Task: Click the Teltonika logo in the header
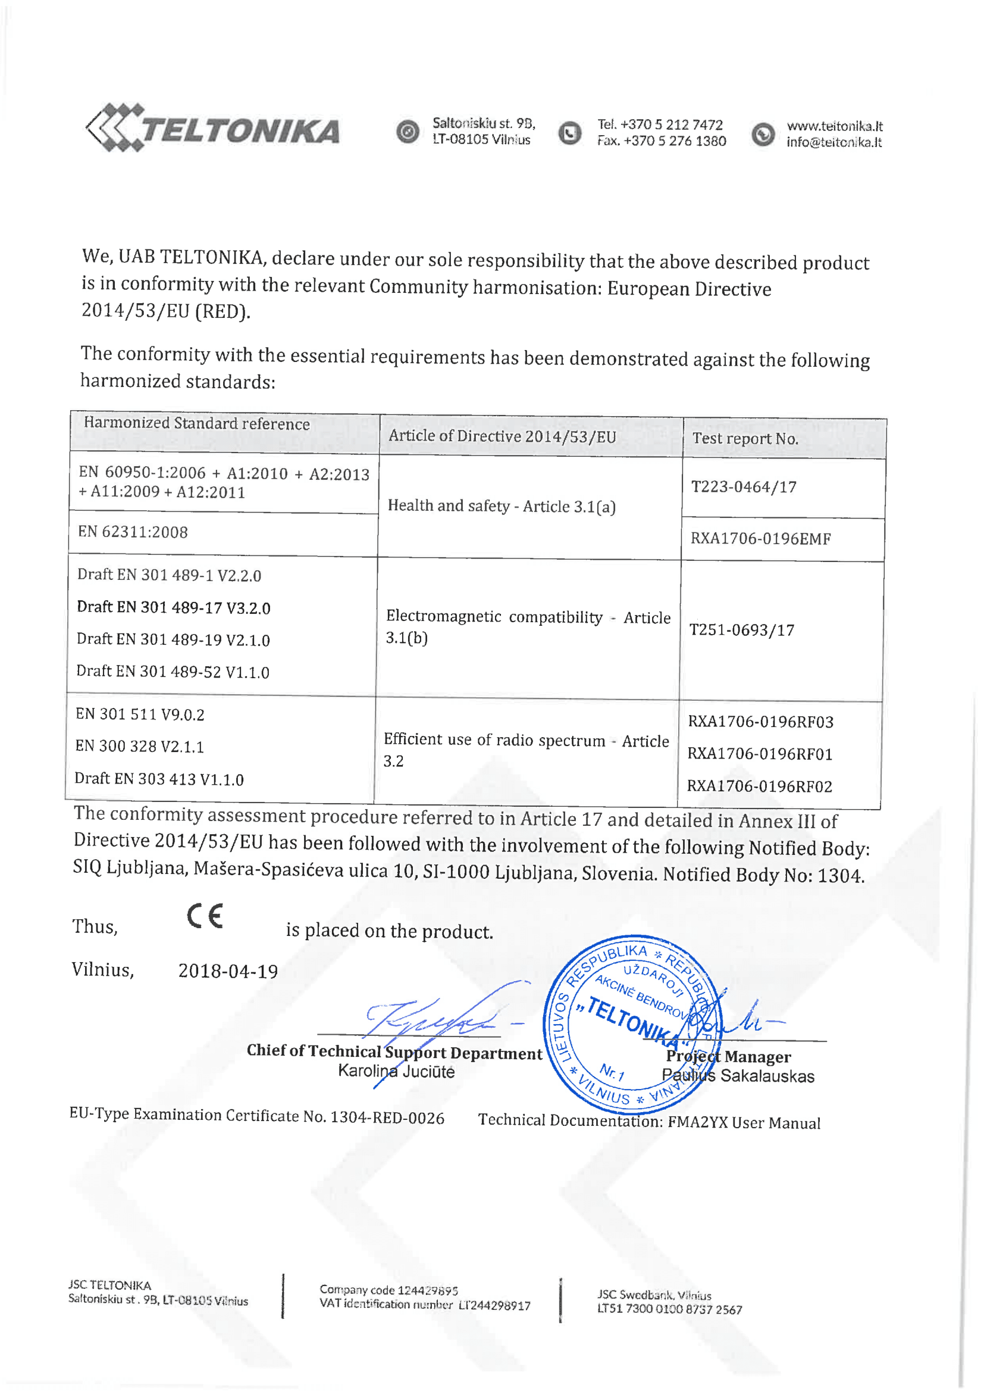click(x=214, y=129)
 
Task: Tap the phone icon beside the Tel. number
click(x=569, y=133)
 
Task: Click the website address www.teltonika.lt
click(x=834, y=126)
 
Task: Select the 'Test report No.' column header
click(x=745, y=438)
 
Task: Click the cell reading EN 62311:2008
click(x=133, y=532)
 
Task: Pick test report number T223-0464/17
click(x=744, y=487)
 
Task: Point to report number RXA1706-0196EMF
click(x=760, y=538)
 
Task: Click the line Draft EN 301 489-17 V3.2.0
click(x=173, y=607)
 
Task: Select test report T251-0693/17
click(x=742, y=630)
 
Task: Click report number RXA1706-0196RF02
click(x=759, y=786)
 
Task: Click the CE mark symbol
click(x=205, y=916)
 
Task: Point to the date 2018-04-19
click(x=228, y=970)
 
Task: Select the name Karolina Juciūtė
click(x=396, y=1071)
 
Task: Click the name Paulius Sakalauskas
click(x=738, y=1075)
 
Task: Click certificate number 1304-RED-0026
click(x=387, y=1118)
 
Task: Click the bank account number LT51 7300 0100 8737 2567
click(x=669, y=1310)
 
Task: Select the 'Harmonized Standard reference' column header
click(x=197, y=423)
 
